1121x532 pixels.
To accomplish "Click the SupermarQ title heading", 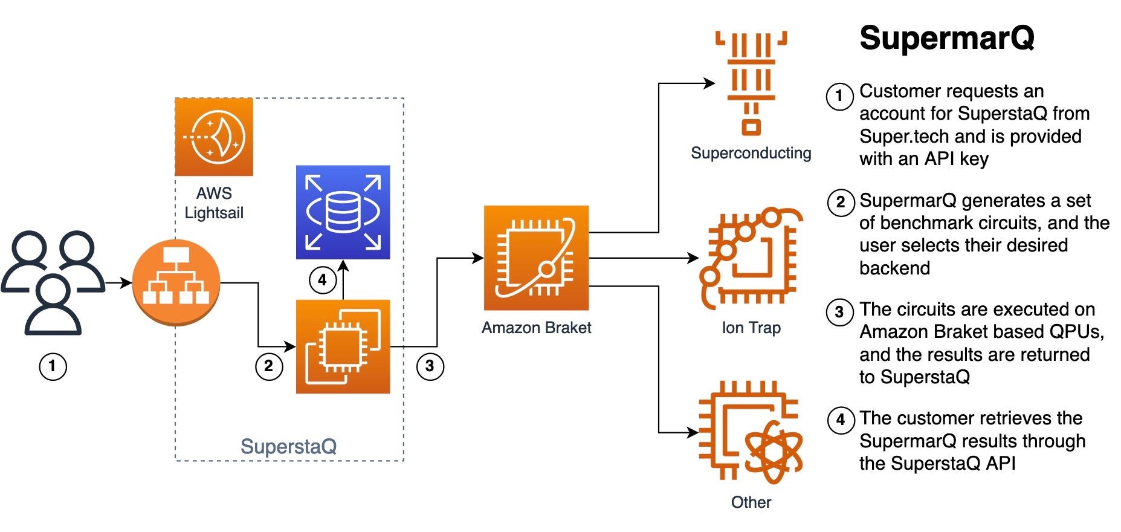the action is click(947, 38).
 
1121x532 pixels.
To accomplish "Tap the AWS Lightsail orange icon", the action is click(214, 137).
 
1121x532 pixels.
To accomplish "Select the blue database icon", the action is click(343, 212).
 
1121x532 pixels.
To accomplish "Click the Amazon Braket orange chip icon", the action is click(536, 258).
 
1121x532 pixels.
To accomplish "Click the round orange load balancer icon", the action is click(176, 282).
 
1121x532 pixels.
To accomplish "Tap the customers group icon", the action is click(53, 282).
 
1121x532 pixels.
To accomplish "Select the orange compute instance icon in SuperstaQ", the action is click(343, 346).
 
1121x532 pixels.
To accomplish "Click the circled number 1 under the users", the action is click(53, 366).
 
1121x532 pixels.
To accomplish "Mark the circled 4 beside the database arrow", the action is click(323, 281).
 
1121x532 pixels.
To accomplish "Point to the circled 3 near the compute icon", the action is click(430, 366).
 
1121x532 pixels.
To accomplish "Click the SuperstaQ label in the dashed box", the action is click(288, 447).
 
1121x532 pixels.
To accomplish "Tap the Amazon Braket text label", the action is click(536, 328).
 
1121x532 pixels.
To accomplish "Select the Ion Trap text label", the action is click(751, 328).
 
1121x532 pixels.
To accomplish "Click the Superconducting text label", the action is click(751, 154).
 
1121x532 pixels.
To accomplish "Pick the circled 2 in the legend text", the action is click(841, 202).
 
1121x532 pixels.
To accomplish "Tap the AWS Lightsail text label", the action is click(214, 203).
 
